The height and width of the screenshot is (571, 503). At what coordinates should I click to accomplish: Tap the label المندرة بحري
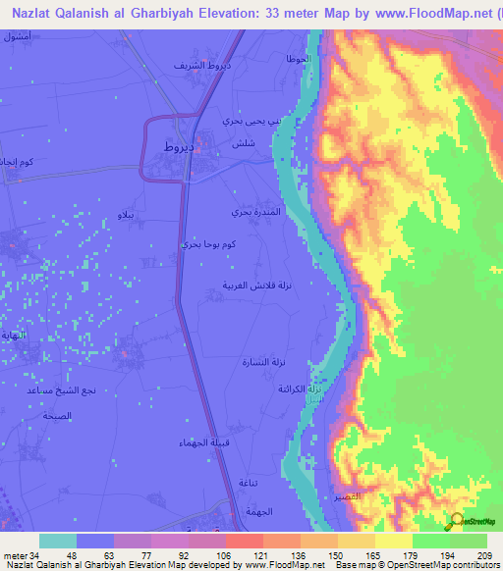click(x=256, y=212)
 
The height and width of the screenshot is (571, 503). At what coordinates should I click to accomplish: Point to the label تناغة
click(x=249, y=482)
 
